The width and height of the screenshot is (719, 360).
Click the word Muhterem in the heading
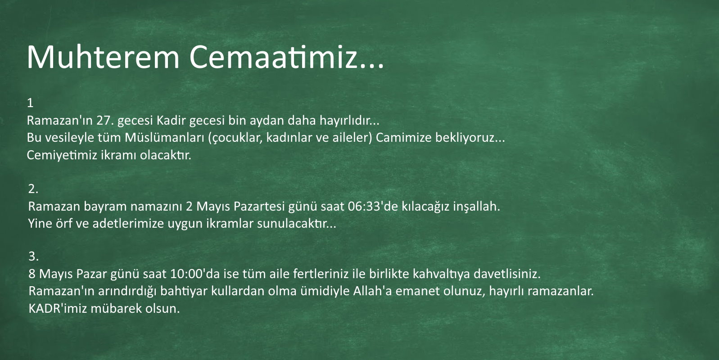pos(103,57)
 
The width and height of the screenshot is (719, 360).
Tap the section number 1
pos(30,103)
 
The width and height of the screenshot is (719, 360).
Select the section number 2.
pos(33,189)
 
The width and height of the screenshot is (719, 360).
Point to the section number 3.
pos(33,256)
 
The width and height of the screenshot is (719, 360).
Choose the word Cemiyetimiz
pos(62,155)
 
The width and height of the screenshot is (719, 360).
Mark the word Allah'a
pos(372,291)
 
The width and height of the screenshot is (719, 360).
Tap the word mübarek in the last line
pos(116,308)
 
